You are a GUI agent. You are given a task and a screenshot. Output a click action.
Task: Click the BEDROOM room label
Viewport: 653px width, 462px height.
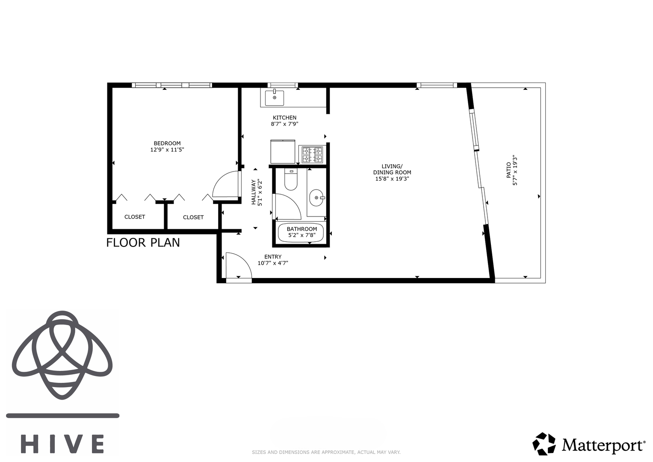pyautogui.click(x=167, y=143)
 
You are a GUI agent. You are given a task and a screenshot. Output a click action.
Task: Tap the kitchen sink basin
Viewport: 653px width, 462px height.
pyautogui.click(x=274, y=98)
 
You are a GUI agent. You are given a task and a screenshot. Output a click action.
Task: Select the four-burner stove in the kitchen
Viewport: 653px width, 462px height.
pyautogui.click(x=312, y=155)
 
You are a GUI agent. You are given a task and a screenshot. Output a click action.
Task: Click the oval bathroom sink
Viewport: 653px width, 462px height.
pyautogui.click(x=316, y=198)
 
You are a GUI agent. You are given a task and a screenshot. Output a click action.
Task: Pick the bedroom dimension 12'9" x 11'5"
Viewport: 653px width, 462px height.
pyautogui.click(x=167, y=150)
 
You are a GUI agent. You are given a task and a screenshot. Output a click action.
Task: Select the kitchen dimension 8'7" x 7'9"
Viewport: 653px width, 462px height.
pyautogui.click(x=284, y=124)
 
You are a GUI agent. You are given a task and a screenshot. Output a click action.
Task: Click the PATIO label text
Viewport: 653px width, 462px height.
pyautogui.click(x=508, y=170)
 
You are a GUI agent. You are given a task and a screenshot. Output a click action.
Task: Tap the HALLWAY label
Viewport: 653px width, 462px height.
pyautogui.click(x=254, y=192)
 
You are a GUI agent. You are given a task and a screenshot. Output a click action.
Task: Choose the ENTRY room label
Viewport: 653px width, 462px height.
pyautogui.click(x=273, y=257)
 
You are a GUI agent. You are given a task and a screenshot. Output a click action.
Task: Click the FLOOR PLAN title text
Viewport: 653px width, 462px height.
pyautogui.click(x=143, y=243)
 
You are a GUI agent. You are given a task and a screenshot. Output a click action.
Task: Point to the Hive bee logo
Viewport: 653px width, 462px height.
pyautogui.click(x=62, y=355)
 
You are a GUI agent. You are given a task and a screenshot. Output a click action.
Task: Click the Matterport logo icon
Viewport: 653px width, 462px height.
pyautogui.click(x=544, y=444)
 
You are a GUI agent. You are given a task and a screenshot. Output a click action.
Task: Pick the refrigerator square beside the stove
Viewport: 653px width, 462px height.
pyautogui.click(x=283, y=152)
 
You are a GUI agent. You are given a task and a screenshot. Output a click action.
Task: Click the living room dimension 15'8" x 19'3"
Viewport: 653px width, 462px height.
pyautogui.click(x=392, y=179)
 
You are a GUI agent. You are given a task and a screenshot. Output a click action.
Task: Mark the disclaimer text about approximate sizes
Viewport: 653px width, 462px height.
pyautogui.click(x=326, y=453)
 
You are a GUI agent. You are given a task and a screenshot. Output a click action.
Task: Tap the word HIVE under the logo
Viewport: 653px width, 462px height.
pyautogui.click(x=63, y=444)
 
